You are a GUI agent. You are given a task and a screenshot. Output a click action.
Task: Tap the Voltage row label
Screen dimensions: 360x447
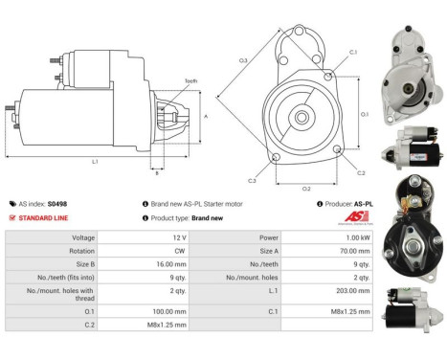point(82,237)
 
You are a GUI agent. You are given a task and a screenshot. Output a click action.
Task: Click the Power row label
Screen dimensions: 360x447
point(266,237)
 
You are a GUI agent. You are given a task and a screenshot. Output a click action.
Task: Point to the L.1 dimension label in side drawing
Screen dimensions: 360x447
point(96,162)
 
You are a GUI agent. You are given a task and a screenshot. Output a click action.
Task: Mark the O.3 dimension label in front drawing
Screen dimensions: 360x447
point(243,60)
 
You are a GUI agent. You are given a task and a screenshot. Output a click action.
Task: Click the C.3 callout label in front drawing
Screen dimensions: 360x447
point(252,180)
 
